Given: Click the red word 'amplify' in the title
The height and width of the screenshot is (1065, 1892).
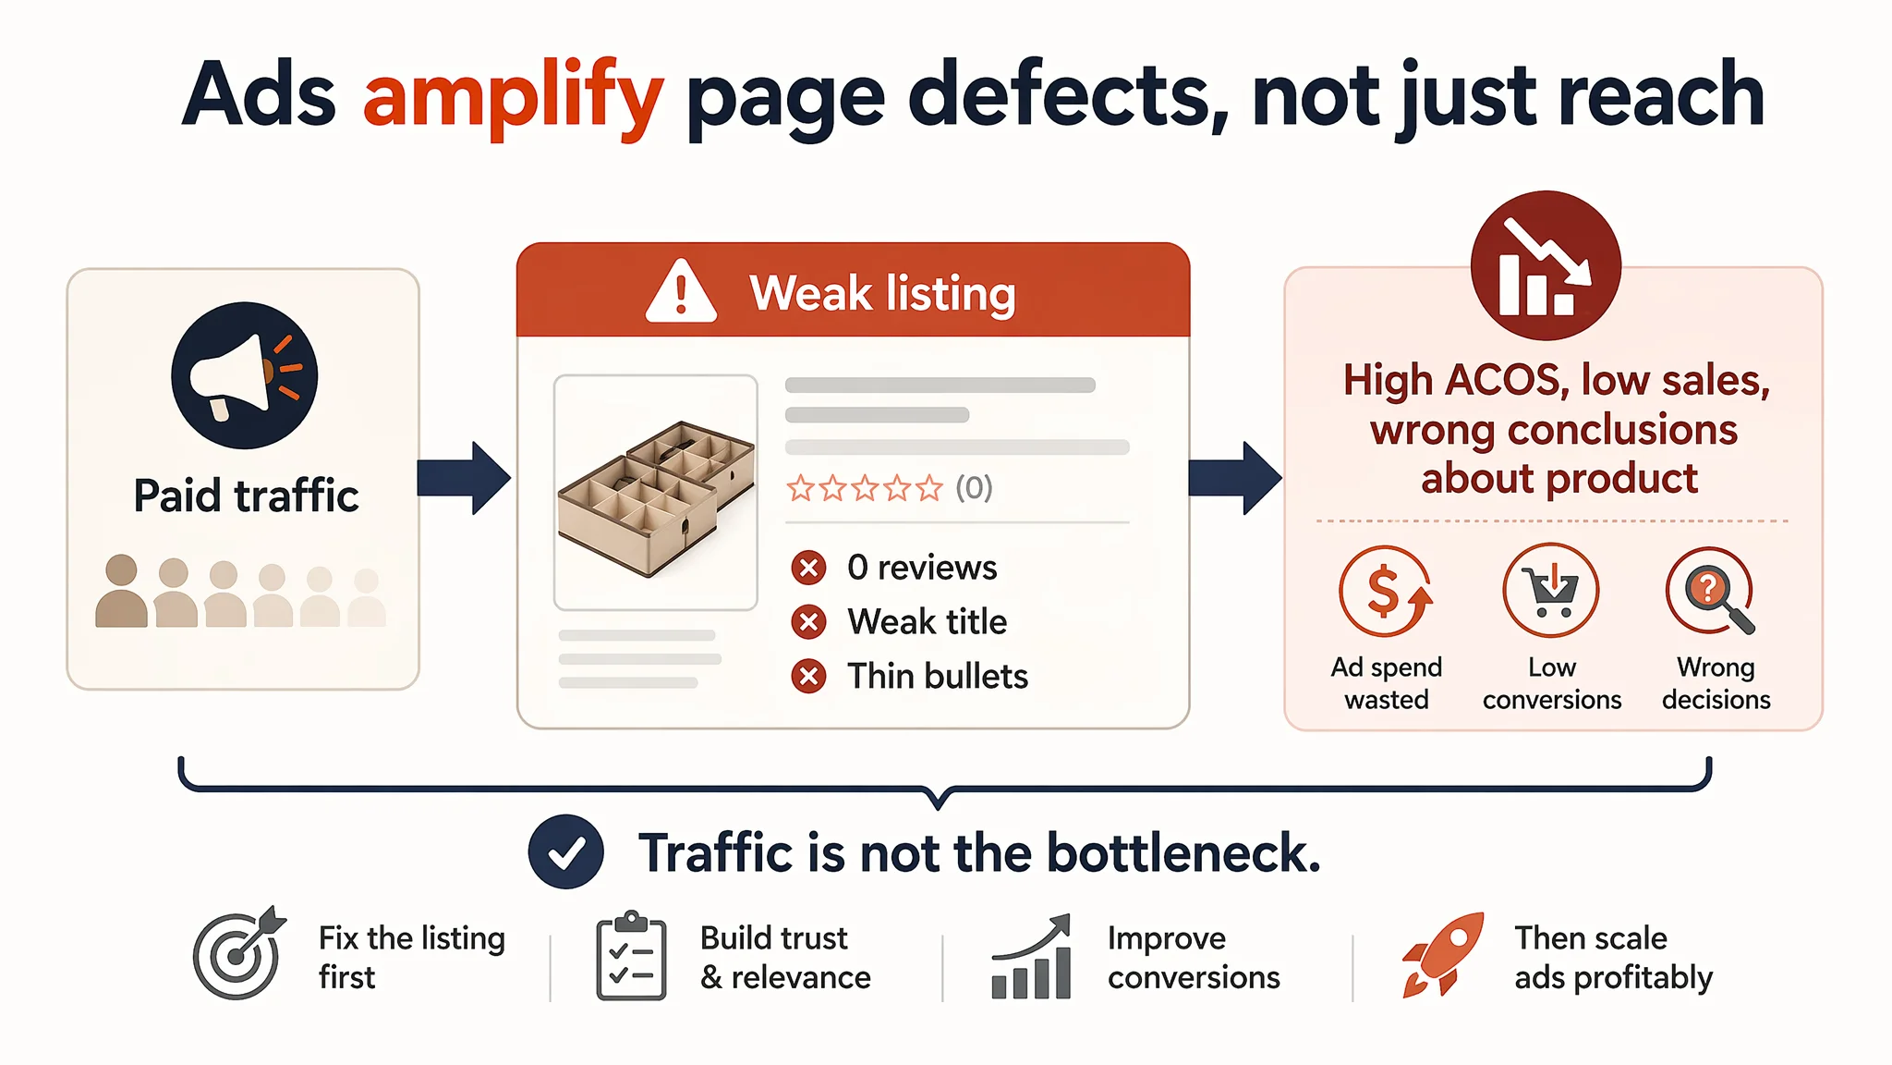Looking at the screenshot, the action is pyautogui.click(x=513, y=97).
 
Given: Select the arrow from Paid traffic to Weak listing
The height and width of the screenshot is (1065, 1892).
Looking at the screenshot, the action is pyautogui.click(x=464, y=478).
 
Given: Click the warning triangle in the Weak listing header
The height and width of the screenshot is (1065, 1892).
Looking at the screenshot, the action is pyautogui.click(x=682, y=291).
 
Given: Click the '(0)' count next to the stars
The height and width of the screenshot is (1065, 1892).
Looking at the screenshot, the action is pyautogui.click(x=974, y=487).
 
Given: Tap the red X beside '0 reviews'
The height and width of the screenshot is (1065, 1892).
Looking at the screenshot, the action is pyautogui.click(x=809, y=568).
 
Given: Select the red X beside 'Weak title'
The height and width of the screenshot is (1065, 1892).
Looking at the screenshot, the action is pyautogui.click(x=809, y=622).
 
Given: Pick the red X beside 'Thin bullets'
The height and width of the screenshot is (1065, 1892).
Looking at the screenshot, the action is pyautogui.click(x=809, y=677).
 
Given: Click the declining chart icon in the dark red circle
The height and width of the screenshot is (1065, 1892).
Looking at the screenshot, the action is pyautogui.click(x=1546, y=266).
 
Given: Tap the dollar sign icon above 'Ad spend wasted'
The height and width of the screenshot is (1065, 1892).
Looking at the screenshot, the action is pyautogui.click(x=1386, y=591).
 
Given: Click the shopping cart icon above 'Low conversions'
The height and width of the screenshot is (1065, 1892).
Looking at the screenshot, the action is pyautogui.click(x=1551, y=590).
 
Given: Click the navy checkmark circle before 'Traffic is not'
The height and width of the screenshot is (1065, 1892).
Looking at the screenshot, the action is pyautogui.click(x=566, y=851).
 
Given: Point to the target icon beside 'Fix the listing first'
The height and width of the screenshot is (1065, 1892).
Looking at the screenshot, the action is pyautogui.click(x=238, y=953).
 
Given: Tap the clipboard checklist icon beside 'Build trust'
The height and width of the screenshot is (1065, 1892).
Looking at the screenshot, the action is pyautogui.click(x=631, y=956).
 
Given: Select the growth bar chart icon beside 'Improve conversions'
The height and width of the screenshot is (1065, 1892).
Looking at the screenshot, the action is pyautogui.click(x=1031, y=957).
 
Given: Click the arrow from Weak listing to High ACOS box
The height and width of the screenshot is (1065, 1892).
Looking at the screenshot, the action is pyautogui.click(x=1235, y=478).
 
